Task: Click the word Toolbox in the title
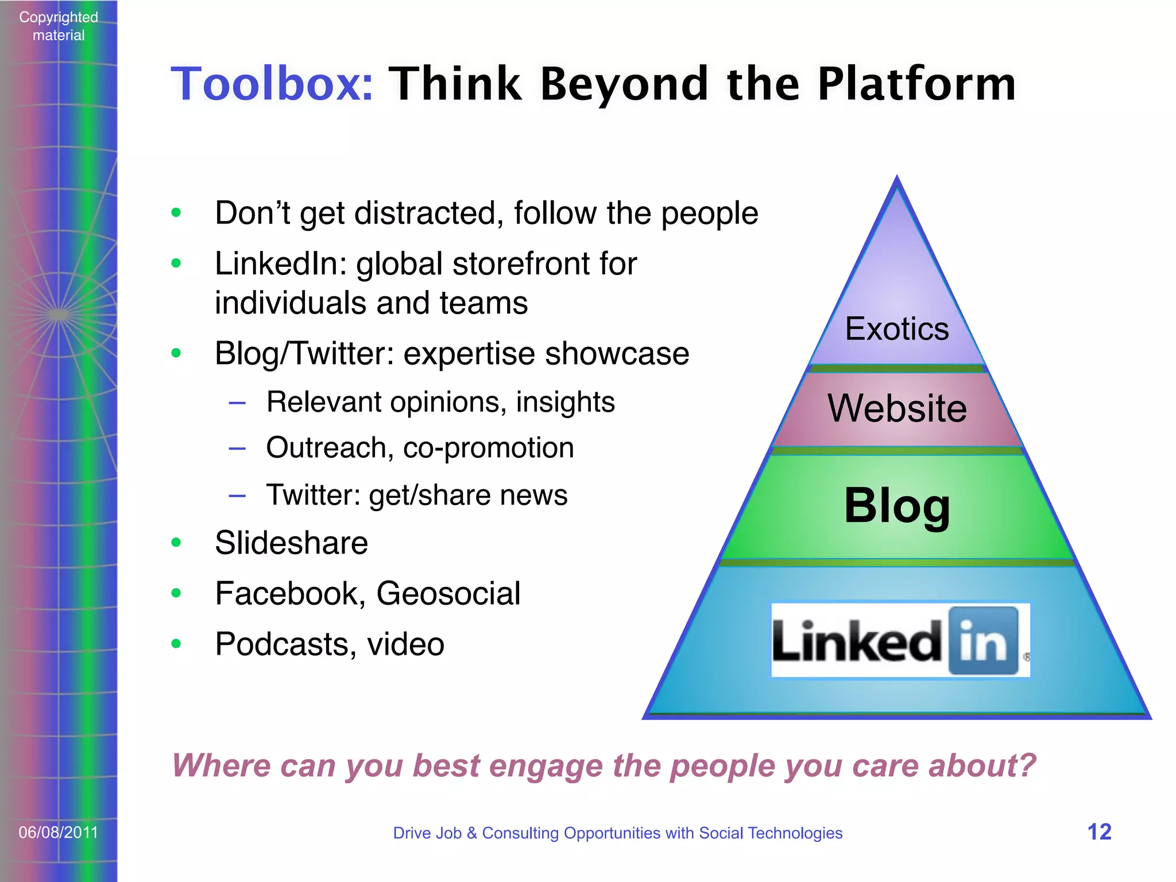tap(271, 84)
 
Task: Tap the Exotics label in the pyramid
tap(896, 329)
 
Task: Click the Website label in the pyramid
tap(897, 408)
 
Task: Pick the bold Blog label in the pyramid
tap(897, 505)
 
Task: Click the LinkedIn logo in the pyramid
tap(899, 640)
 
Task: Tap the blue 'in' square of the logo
tap(982, 640)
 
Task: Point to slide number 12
tap(1099, 832)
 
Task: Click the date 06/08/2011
tap(59, 832)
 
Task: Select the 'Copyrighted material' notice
tap(59, 26)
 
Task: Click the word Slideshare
tap(291, 543)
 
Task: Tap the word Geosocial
tap(448, 594)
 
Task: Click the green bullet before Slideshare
tap(176, 543)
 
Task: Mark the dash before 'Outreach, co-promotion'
tap(237, 448)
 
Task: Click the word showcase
tap(617, 354)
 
